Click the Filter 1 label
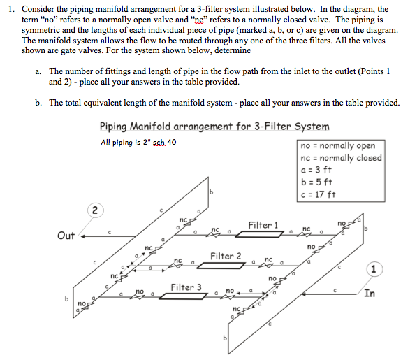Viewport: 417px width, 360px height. tap(263, 225)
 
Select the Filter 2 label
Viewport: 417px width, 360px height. tap(226, 256)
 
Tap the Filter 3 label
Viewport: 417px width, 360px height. tap(186, 287)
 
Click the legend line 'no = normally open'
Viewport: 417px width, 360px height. tap(337, 145)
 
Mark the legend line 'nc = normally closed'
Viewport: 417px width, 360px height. tap(340, 157)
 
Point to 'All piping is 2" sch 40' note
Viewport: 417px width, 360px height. tap(138, 143)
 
